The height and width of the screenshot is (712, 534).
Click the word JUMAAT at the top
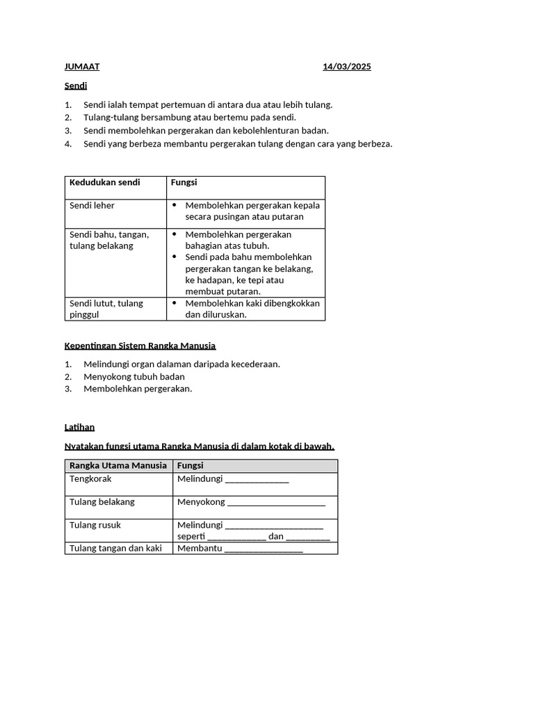tap(82, 67)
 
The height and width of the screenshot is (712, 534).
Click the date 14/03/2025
tap(346, 67)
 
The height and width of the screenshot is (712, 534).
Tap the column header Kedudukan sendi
tap(104, 182)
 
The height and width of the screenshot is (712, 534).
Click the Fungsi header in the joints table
tap(184, 182)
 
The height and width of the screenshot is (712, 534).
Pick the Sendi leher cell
tap(92, 206)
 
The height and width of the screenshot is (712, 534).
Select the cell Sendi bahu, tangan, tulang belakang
tap(109, 240)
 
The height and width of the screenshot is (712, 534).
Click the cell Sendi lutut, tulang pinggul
tap(106, 309)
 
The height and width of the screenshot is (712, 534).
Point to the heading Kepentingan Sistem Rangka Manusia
tap(140, 346)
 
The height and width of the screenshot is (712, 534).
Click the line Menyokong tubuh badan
tap(134, 376)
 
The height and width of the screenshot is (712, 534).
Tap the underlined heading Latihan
tap(79, 427)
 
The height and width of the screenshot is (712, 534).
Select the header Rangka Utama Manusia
tap(118, 465)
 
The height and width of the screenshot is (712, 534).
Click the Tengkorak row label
tap(91, 479)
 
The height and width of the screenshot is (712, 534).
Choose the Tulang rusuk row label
tap(95, 525)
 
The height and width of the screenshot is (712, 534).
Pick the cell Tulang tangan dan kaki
tap(115, 548)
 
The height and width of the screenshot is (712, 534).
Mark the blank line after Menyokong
tap(277, 503)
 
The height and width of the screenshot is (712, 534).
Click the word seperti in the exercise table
tap(191, 536)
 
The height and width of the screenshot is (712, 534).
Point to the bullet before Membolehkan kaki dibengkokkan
tap(175, 303)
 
